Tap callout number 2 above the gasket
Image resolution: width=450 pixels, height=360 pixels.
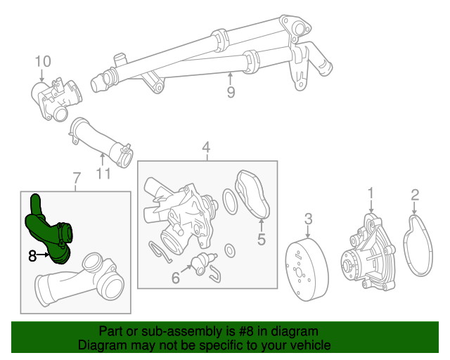click(415, 195)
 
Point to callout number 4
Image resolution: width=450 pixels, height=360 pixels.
click(206, 148)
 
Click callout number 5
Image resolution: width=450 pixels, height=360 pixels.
click(261, 239)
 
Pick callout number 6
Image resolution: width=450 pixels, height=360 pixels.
click(176, 278)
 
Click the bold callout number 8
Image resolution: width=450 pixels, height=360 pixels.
click(32, 257)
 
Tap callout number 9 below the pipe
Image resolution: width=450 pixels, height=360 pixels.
click(231, 91)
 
